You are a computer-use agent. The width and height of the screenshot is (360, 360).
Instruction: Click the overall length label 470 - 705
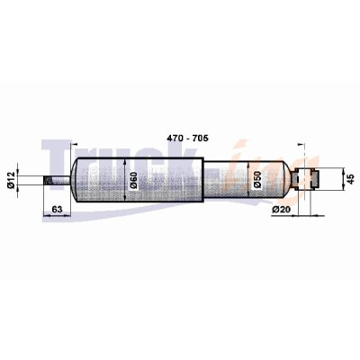[x=187, y=139]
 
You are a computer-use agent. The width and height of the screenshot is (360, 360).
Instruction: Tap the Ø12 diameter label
[x=11, y=180]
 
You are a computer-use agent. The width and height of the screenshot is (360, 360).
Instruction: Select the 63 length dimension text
[x=57, y=209]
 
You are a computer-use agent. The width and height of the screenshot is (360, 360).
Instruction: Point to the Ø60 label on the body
[x=133, y=180]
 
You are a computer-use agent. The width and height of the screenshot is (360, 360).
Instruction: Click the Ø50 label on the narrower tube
[x=257, y=180]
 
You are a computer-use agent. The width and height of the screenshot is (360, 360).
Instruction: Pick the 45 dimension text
[x=350, y=179]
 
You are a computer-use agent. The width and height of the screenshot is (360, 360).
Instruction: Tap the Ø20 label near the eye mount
[x=281, y=209]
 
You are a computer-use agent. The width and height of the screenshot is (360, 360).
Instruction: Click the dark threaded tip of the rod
[x=48, y=180]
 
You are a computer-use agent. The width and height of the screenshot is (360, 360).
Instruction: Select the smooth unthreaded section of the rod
[x=61, y=180]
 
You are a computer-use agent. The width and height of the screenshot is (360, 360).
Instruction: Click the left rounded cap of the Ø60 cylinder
[x=75, y=180]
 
